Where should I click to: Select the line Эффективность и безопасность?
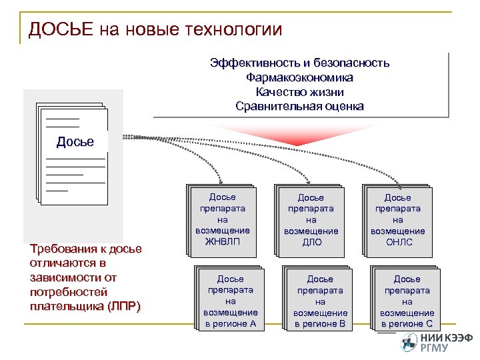[x=299, y=63]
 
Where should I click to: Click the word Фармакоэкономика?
[x=299, y=78]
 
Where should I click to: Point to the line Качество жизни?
[x=299, y=92]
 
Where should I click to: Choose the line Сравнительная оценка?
[x=299, y=107]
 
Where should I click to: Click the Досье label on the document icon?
[x=75, y=142]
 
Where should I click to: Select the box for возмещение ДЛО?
[x=310, y=220]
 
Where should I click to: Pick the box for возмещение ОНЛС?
[x=397, y=220]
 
